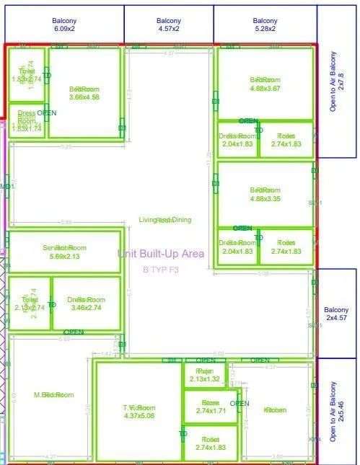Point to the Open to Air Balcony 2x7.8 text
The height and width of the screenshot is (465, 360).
[x=337, y=81]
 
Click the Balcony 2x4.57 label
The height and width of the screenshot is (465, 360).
[x=336, y=314]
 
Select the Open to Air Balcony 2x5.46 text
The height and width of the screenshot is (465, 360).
[x=337, y=411]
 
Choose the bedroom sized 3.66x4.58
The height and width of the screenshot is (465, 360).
[x=84, y=92]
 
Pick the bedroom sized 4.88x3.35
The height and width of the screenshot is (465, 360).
[x=265, y=195]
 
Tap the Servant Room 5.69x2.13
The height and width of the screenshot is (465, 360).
[x=63, y=252]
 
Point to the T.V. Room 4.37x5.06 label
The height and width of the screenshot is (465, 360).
[x=139, y=412]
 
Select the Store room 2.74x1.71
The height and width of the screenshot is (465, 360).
[x=210, y=406]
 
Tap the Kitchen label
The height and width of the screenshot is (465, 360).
[x=275, y=409]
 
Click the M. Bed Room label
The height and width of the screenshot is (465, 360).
[x=54, y=394]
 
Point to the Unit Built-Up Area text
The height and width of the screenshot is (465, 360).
[x=161, y=253]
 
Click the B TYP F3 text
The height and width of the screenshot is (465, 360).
[x=161, y=269]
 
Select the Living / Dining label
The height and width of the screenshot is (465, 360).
[x=164, y=220]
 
